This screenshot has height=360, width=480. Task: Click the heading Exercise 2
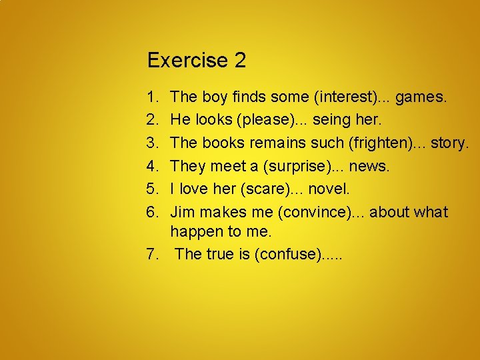[197, 61]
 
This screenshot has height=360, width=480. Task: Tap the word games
[421, 97]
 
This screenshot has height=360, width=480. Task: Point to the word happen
[194, 232]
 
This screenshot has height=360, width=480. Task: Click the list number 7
[153, 254]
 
